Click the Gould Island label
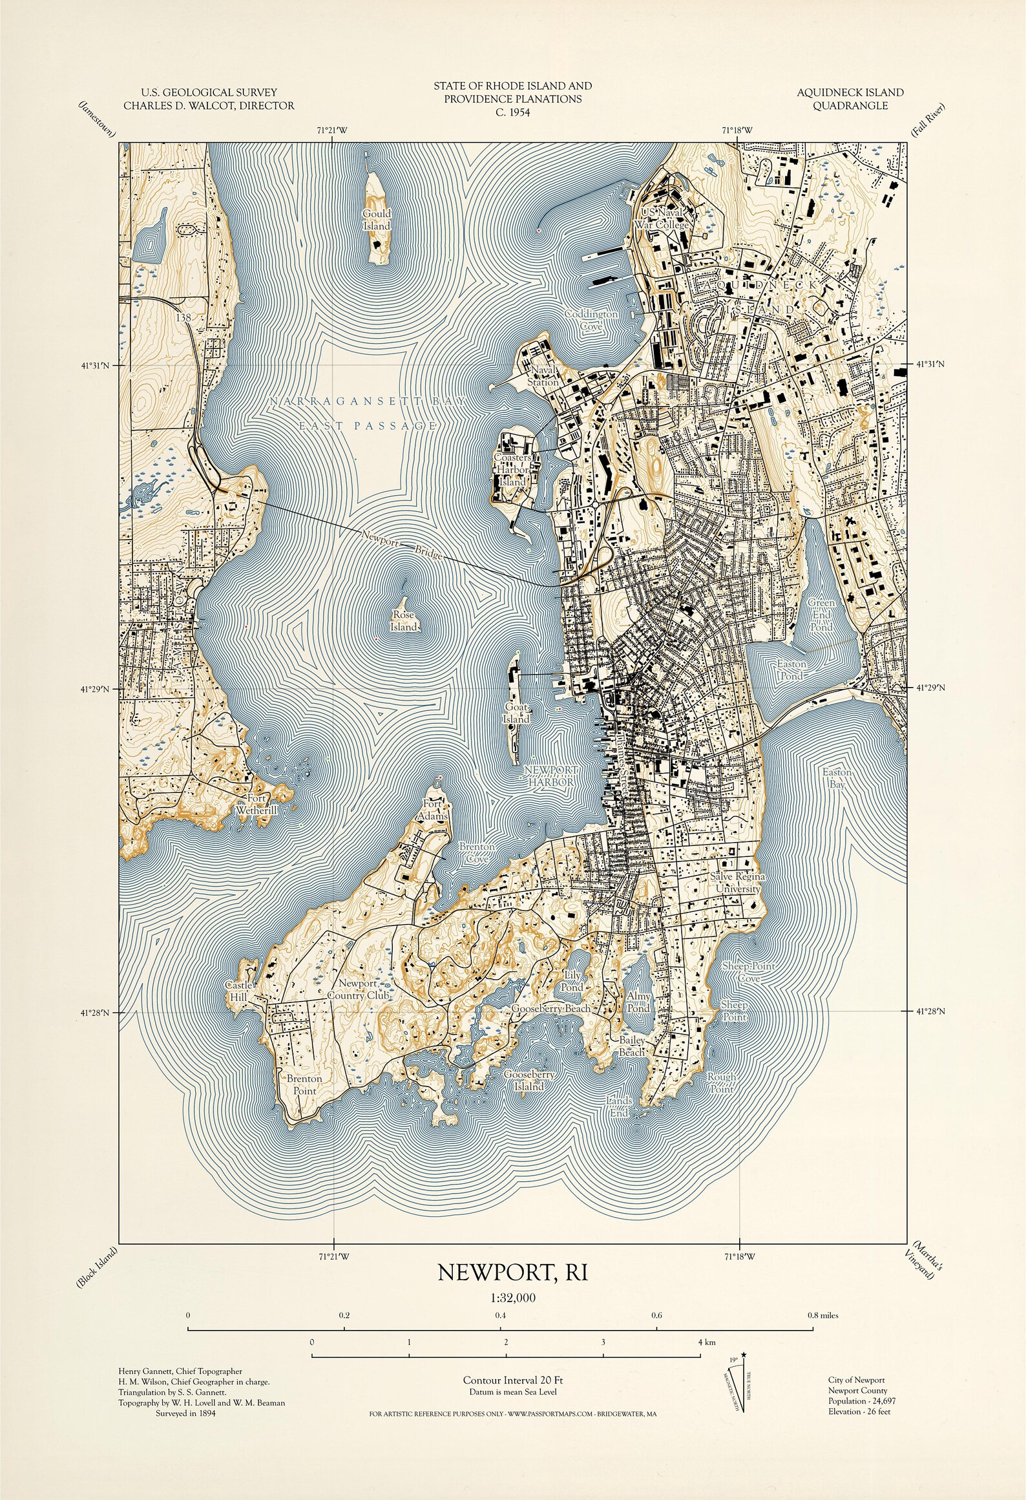(x=377, y=220)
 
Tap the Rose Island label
(x=404, y=622)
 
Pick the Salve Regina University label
(x=737, y=883)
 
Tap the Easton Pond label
(x=791, y=670)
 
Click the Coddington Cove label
(x=591, y=320)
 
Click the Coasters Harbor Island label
(x=512, y=469)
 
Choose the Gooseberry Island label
(x=529, y=1081)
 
